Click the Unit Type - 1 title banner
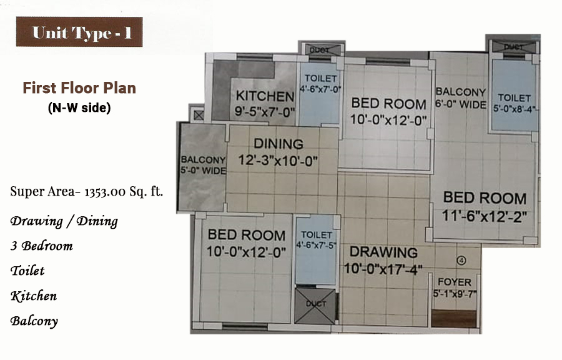(79, 32)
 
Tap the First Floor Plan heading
(79, 88)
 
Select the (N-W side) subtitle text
(79, 107)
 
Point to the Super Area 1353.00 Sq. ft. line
(86, 191)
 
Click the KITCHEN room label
(265, 96)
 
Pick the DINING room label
(279, 144)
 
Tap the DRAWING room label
(383, 252)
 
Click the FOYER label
(455, 282)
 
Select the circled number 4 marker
(461, 261)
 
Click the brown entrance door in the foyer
(454, 319)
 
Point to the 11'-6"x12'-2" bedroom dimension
(484, 216)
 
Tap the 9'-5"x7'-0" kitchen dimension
(265, 111)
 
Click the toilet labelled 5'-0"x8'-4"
(515, 95)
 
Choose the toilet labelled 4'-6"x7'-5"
(316, 250)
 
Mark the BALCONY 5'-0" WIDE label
(203, 165)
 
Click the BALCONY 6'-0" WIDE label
(461, 98)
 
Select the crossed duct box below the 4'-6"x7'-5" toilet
(315, 306)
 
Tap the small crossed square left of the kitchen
(199, 115)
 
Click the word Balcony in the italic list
(34, 321)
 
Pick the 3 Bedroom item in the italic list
(42, 246)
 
